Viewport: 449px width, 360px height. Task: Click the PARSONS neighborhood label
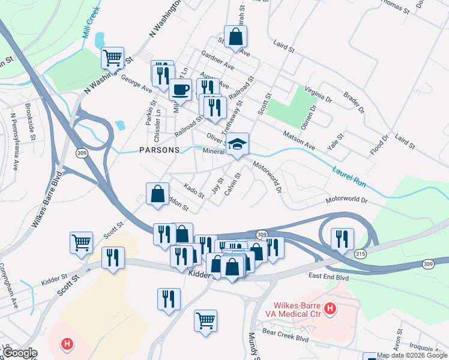158,149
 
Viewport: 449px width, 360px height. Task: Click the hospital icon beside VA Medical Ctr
330,309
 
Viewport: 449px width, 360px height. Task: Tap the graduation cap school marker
238,145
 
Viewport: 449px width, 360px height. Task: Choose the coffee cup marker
180,91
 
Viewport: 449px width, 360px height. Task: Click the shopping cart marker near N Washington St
112,58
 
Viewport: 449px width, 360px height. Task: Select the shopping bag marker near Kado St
157,194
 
